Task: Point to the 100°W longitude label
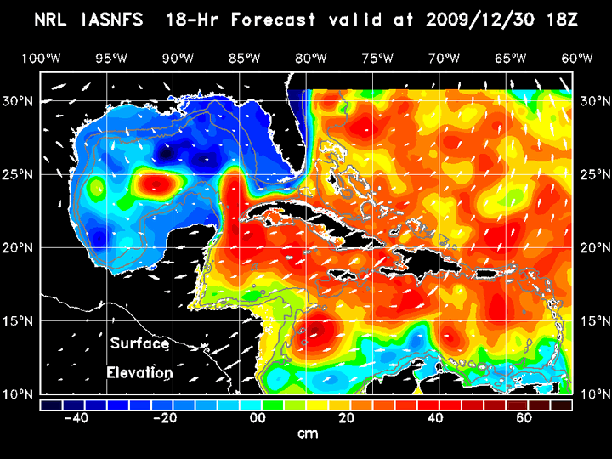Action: point(40,58)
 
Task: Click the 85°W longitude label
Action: point(243,58)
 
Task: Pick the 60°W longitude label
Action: point(578,58)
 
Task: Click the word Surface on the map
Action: point(139,344)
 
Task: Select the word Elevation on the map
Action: point(139,372)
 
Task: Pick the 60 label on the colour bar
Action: point(524,418)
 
